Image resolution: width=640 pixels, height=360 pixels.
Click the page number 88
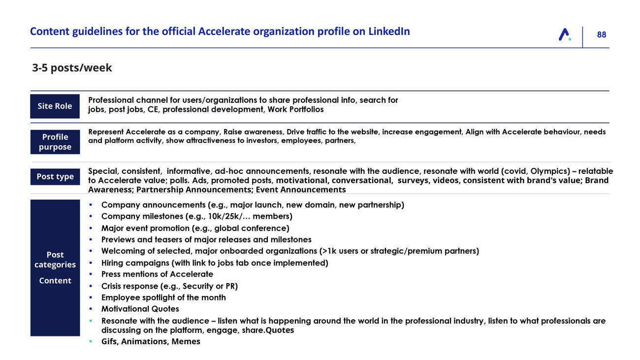(601, 34)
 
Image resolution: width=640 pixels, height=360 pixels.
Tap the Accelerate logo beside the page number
(565, 34)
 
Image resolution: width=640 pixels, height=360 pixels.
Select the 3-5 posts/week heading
(72, 68)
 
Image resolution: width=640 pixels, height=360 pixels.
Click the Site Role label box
(55, 106)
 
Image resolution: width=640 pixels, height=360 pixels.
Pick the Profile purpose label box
(55, 142)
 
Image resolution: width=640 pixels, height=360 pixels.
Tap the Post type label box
(55, 176)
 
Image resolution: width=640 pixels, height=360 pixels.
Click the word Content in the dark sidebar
(55, 281)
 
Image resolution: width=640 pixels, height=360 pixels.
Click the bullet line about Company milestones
(196, 216)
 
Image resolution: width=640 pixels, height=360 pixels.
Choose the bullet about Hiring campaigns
(214, 262)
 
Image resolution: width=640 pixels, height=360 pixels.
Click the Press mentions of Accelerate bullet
(157, 274)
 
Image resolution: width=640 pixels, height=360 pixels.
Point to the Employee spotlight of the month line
(163, 297)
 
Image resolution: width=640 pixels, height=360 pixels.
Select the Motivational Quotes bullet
(140, 309)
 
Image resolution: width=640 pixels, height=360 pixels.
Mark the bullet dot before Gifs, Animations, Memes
(91, 342)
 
